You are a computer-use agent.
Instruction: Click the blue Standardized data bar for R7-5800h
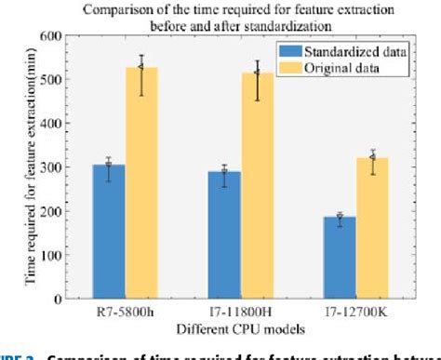click(x=108, y=231)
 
